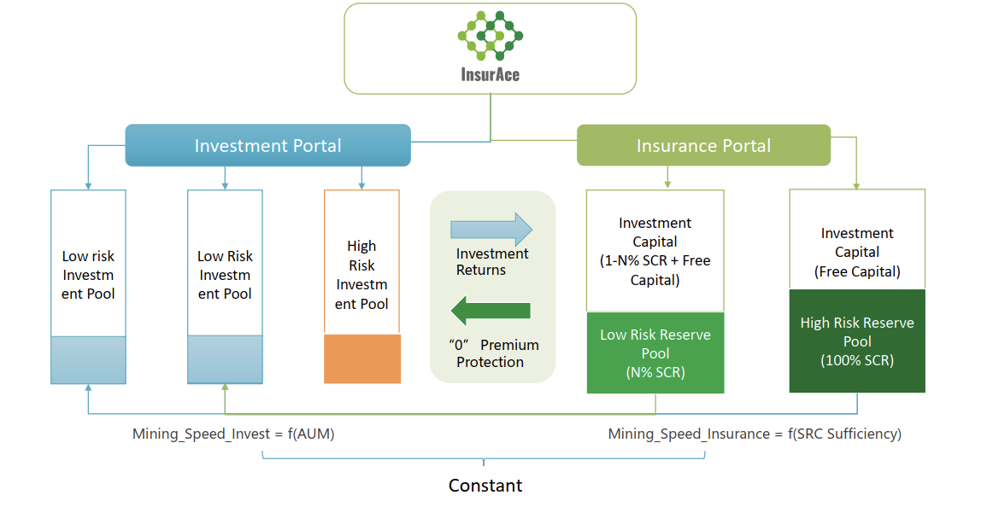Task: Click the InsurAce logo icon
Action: click(490, 36)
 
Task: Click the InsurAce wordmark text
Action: click(490, 74)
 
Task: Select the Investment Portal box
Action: click(267, 145)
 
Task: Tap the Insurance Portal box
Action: click(703, 145)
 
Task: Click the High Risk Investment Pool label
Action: click(361, 275)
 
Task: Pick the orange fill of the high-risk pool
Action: click(362, 358)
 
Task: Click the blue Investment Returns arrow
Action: click(491, 230)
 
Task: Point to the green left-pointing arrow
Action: click(491, 311)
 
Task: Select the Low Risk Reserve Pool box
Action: click(655, 353)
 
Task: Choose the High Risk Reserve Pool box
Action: click(857, 341)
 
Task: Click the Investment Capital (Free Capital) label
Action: click(857, 253)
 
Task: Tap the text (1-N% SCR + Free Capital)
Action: click(655, 270)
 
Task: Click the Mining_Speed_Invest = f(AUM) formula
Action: click(233, 434)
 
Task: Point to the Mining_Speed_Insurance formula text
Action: click(755, 434)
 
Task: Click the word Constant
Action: click(485, 486)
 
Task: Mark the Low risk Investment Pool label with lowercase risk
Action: click(88, 275)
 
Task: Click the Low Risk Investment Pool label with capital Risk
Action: click(225, 275)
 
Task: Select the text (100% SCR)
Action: click(857, 360)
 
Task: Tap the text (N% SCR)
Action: click(655, 372)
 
